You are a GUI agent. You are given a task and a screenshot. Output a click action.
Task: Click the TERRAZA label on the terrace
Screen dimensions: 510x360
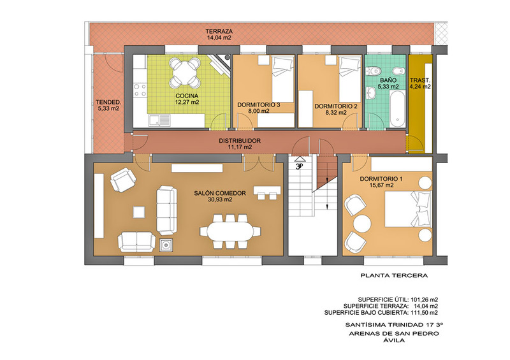pyautogui.click(x=219, y=32)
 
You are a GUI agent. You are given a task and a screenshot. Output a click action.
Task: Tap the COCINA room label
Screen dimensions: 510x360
pyautogui.click(x=187, y=96)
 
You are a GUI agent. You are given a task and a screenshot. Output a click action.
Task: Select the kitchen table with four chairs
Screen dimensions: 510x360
pyautogui.click(x=186, y=72)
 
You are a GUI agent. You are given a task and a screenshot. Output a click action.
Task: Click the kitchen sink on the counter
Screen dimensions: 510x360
pyautogui.click(x=159, y=120)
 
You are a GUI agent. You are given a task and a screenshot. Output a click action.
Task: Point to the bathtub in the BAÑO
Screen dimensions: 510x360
pyautogui.click(x=397, y=109)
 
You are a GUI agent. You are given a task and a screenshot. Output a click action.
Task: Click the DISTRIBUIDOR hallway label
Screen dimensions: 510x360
pyautogui.click(x=240, y=141)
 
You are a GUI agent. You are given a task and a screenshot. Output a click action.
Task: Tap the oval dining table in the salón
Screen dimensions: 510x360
pyautogui.click(x=230, y=231)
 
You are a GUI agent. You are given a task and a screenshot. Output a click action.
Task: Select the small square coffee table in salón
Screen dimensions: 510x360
pyautogui.click(x=139, y=212)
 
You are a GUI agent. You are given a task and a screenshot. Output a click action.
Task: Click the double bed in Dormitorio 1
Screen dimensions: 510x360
pyautogui.click(x=408, y=209)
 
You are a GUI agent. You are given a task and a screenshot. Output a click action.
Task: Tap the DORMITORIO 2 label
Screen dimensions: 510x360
pyautogui.click(x=336, y=106)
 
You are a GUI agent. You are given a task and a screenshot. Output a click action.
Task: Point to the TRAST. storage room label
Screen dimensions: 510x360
pyautogui.click(x=420, y=80)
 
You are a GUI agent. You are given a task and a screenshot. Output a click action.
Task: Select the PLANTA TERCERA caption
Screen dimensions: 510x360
pyautogui.click(x=394, y=276)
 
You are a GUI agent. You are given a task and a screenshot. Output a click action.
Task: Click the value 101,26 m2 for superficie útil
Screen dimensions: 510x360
pyautogui.click(x=425, y=299)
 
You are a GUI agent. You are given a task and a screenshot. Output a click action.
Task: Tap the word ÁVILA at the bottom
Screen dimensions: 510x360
pyautogui.click(x=394, y=340)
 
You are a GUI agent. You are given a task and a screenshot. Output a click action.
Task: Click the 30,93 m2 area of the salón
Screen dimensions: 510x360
pyautogui.click(x=220, y=199)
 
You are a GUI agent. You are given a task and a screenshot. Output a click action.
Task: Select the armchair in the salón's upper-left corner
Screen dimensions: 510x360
pyautogui.click(x=123, y=180)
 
